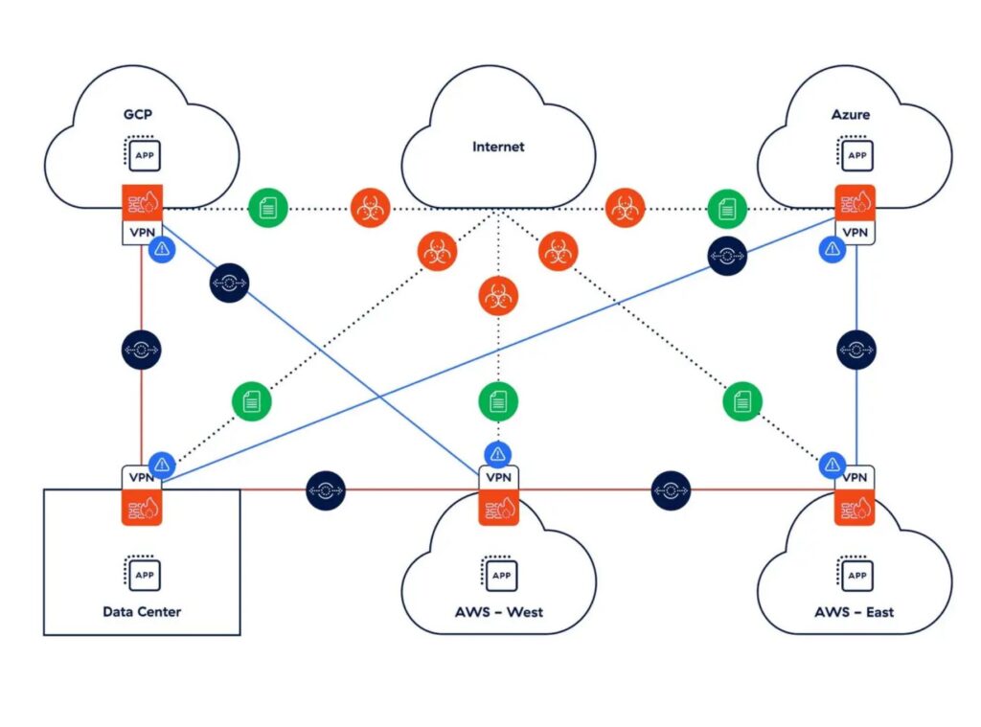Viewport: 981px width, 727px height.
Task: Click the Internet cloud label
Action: pyautogui.click(x=498, y=148)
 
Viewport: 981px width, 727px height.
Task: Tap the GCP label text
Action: pyautogui.click(x=138, y=115)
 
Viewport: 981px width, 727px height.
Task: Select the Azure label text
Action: pyautogui.click(x=851, y=115)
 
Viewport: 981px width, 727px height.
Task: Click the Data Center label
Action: pyautogui.click(x=142, y=611)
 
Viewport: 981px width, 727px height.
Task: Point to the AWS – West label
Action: pyautogui.click(x=498, y=611)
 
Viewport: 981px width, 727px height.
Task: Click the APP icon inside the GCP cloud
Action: pyautogui.click(x=142, y=155)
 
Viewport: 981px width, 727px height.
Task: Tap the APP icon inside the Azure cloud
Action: pyautogui.click(x=855, y=155)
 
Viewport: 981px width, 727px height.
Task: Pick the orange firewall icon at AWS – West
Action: pyautogui.click(x=498, y=506)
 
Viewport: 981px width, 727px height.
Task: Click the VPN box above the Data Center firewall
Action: pyautogui.click(x=143, y=476)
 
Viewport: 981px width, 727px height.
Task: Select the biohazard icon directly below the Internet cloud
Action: pyautogui.click(x=497, y=296)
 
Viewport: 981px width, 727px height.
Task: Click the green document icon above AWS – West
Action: pyautogui.click(x=498, y=400)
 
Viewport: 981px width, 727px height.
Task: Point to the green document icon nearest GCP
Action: pyautogui.click(x=268, y=207)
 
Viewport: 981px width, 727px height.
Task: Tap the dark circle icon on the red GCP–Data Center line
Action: pyautogui.click(x=142, y=351)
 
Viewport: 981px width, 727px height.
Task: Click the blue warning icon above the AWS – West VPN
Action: pyautogui.click(x=497, y=452)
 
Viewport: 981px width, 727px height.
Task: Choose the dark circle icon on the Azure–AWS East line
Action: pyautogui.click(x=856, y=351)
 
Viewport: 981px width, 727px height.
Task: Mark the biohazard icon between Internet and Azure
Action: pyautogui.click(x=625, y=207)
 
